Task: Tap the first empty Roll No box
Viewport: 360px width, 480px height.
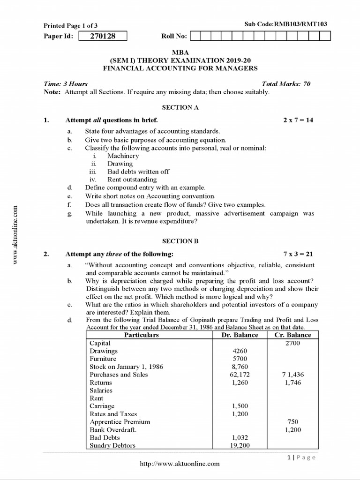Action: coord(196,36)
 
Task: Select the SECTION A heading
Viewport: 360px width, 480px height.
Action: coord(180,107)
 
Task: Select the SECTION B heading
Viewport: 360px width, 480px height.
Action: coord(180,241)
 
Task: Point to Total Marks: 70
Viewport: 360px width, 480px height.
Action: coord(286,84)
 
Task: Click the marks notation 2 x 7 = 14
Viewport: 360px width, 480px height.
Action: coord(298,120)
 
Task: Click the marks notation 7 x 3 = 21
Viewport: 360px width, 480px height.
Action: coord(298,254)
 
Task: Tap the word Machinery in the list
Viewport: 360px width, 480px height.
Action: coord(123,156)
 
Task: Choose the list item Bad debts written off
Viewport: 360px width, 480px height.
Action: coord(138,172)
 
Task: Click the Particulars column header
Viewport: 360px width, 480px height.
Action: coord(141,335)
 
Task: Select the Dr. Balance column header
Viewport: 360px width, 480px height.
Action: coord(240,335)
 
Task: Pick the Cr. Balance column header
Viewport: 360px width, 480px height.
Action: coord(292,335)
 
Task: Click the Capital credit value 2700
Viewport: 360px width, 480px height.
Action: coord(292,343)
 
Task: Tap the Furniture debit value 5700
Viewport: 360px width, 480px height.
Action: coord(240,359)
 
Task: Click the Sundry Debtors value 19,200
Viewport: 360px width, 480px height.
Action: coord(240,445)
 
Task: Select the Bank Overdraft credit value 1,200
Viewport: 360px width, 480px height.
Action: coord(292,430)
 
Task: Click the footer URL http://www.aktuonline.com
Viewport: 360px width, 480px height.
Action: coord(180,464)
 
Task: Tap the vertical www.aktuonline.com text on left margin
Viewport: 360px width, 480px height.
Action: coord(15,235)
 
